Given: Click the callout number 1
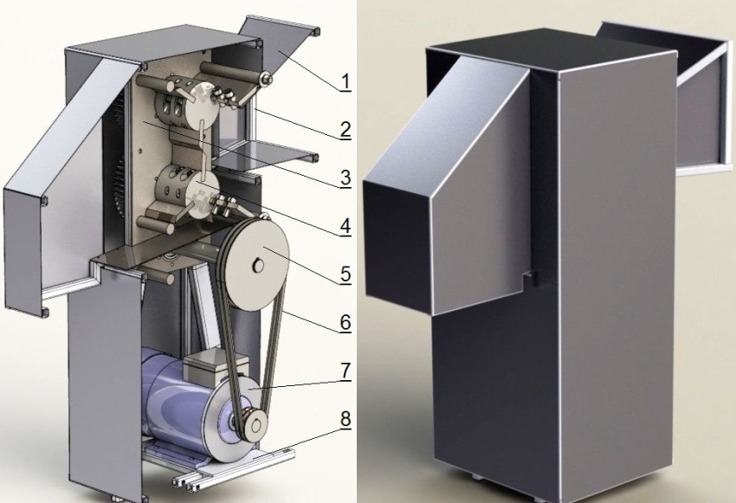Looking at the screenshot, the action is pyautogui.click(x=345, y=82).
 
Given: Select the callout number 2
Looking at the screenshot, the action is pyautogui.click(x=345, y=130).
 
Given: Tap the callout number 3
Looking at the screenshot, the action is pyautogui.click(x=345, y=178).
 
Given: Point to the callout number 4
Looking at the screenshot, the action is pyautogui.click(x=345, y=226).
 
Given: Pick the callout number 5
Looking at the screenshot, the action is pyautogui.click(x=345, y=274).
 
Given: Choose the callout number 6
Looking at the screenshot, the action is pyautogui.click(x=345, y=323).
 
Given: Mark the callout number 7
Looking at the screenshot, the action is pyautogui.click(x=345, y=371).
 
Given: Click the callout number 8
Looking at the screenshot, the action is pyautogui.click(x=345, y=419).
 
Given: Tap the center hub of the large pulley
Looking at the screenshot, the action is pyautogui.click(x=258, y=266).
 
